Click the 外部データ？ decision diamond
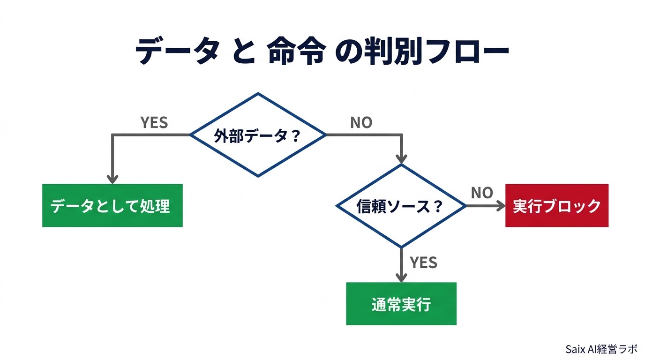tap(257, 135)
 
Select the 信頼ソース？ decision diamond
tap(401, 206)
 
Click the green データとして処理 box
tap(112, 206)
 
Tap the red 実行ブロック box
tap(556, 206)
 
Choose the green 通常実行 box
tap(401, 304)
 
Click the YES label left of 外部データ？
tap(154, 123)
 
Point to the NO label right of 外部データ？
tap(361, 123)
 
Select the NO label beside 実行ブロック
tap(481, 193)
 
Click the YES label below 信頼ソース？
tap(423, 263)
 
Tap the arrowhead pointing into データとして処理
tap(112, 179)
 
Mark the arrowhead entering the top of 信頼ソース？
tap(401, 158)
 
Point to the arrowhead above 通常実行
tap(401, 277)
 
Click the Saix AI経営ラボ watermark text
tap(601, 349)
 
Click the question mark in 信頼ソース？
tap(438, 206)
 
